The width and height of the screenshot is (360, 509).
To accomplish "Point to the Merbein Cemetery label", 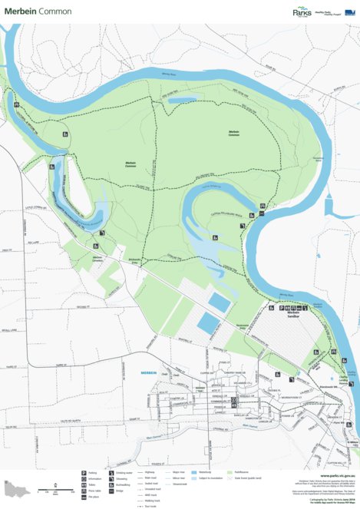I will pyautogui.click(x=97, y=258).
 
